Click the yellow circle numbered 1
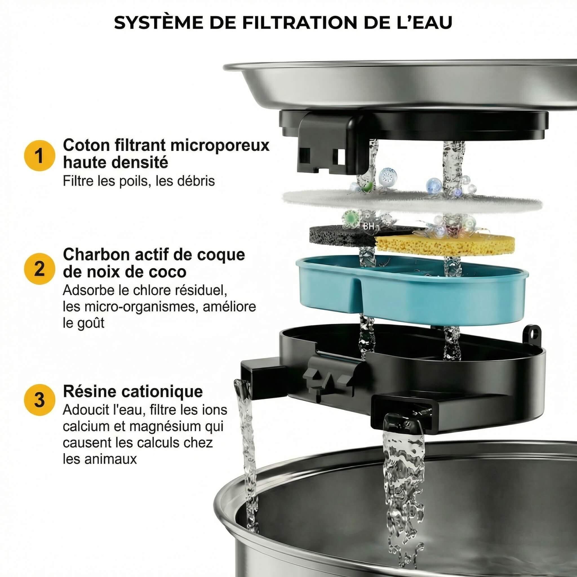point(39,156)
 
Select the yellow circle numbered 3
point(39,400)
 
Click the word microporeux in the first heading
point(220,146)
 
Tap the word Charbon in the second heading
point(96,255)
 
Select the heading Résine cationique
point(133,391)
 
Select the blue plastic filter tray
point(412,296)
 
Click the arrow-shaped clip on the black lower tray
point(329,381)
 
